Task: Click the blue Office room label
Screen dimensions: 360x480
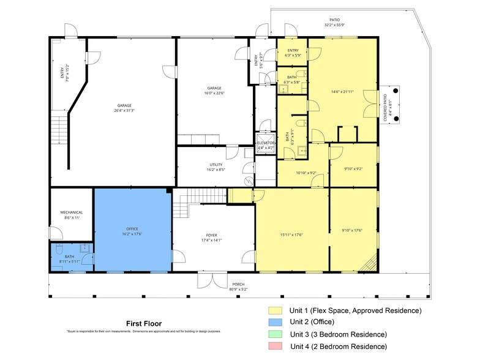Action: coord(132,231)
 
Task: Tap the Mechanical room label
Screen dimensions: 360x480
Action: coord(71,215)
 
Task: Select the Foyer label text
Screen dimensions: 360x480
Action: coord(211,238)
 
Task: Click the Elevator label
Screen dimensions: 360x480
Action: coord(266,145)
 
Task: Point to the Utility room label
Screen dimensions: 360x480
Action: coord(216,167)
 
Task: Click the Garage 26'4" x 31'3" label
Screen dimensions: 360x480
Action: coord(124,108)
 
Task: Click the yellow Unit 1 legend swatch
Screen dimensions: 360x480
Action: coord(274,311)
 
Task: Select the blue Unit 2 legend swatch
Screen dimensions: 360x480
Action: coord(274,323)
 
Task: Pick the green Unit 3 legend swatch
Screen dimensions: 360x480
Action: coord(274,334)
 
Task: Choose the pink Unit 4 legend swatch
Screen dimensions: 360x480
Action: coord(274,347)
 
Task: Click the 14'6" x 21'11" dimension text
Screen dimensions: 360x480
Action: coord(343,92)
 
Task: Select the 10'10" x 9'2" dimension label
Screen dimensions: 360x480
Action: coord(306,173)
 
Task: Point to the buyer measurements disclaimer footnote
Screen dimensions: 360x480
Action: coord(143,331)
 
